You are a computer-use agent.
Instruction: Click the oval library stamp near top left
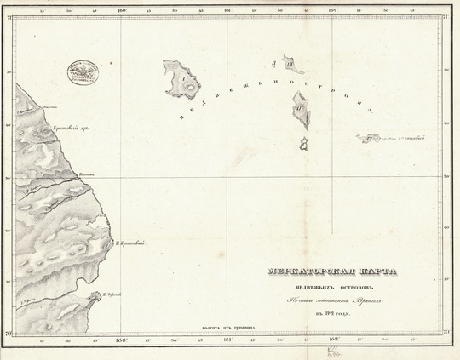click(84, 71)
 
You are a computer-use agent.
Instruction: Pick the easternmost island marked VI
click(369, 137)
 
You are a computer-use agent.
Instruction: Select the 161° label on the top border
click(228, 11)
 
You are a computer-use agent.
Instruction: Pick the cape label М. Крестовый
click(130, 244)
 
